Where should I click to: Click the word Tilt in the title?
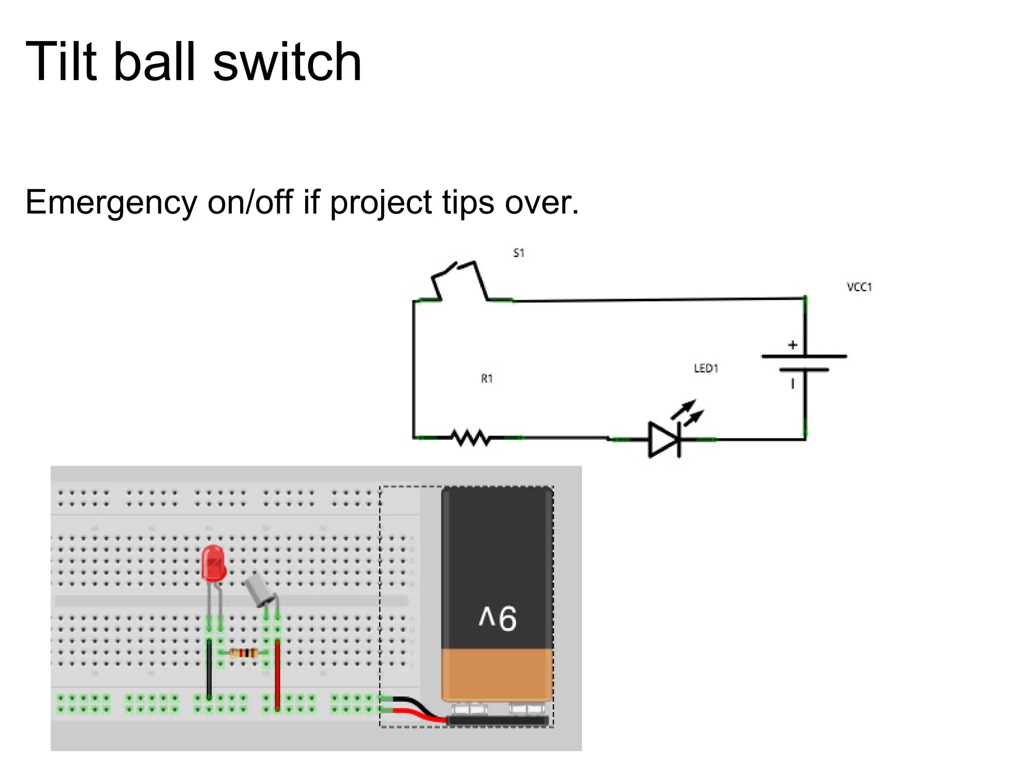(61, 62)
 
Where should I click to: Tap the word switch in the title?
(287, 62)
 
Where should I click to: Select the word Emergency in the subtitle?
(111, 203)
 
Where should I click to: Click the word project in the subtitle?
(381, 203)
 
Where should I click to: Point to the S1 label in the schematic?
(518, 253)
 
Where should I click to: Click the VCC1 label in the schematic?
(859, 287)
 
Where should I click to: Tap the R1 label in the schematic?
(487, 379)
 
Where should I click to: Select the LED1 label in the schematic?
(706, 368)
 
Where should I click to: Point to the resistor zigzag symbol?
(470, 438)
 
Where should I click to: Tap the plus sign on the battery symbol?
(793, 345)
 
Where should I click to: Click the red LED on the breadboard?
(213, 563)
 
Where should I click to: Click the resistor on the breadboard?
(244, 653)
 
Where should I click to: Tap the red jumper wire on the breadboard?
(277, 675)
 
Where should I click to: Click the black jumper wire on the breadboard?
(209, 668)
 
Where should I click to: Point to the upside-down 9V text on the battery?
(498, 617)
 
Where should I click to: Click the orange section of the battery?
(497, 674)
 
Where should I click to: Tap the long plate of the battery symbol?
(804, 356)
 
